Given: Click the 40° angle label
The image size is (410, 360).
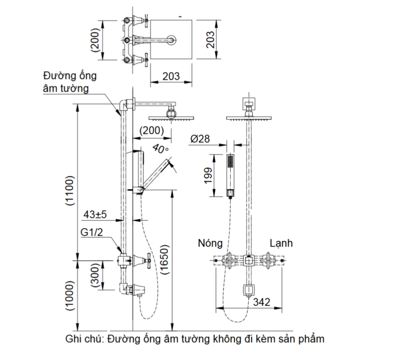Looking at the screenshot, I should [x=160, y=148].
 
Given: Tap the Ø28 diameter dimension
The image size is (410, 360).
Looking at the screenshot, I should [x=201, y=140].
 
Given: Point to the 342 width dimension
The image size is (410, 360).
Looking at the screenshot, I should [x=261, y=301].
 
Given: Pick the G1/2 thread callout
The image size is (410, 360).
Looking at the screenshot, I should [x=92, y=233].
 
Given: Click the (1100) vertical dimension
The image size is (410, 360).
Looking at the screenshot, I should [x=69, y=190].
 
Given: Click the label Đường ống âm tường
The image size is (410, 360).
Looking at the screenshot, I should [x=66, y=82].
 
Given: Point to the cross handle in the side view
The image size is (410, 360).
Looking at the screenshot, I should [x=148, y=261].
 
